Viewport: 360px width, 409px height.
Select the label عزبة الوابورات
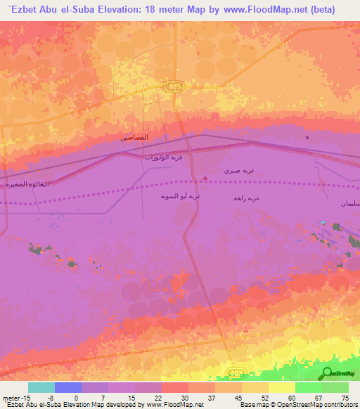(x=163, y=157)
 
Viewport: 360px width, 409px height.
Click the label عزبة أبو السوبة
(x=181, y=197)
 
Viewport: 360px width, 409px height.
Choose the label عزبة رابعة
(x=247, y=198)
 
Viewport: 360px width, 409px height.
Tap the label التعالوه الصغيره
(x=27, y=184)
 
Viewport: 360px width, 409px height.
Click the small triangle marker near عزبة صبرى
(x=205, y=178)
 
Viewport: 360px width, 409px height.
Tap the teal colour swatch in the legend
(x=41, y=387)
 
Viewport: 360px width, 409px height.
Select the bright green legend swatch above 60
(x=308, y=387)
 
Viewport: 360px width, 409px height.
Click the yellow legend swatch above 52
(x=255, y=387)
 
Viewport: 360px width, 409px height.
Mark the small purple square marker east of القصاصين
(x=307, y=138)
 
